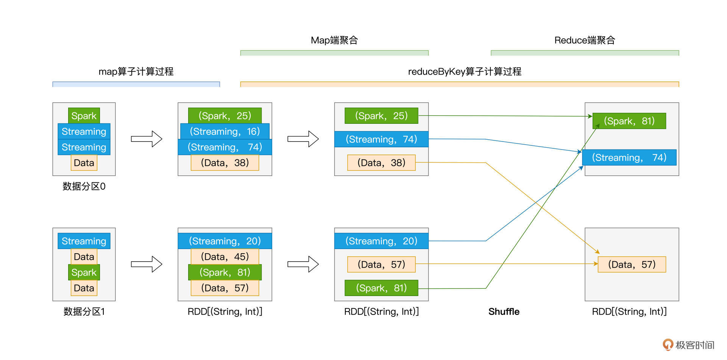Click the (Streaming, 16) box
pyautogui.click(x=225, y=131)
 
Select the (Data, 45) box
pyautogui.click(x=225, y=257)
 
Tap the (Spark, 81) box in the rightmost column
pyautogui.click(x=629, y=121)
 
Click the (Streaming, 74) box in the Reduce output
pyautogui.click(x=629, y=157)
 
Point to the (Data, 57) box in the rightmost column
pyautogui.click(x=631, y=265)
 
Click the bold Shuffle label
pyautogui.click(x=504, y=312)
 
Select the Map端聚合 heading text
pyautogui.click(x=334, y=40)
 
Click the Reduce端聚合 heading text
pyautogui.click(x=584, y=40)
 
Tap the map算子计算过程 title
pyautogui.click(x=136, y=72)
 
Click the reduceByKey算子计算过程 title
pyautogui.click(x=464, y=72)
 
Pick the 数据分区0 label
pyautogui.click(x=84, y=186)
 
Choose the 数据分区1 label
pyautogui.click(x=84, y=312)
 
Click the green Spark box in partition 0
pyautogui.click(x=84, y=116)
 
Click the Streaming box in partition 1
pyautogui.click(x=84, y=241)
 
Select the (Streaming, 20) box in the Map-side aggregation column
pyautogui.click(x=381, y=241)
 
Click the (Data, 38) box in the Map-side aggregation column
pyautogui.click(x=381, y=163)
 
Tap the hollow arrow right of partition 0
pyautogui.click(x=147, y=139)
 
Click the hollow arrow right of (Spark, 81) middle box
pyautogui.click(x=303, y=264)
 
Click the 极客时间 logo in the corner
pyautogui.click(x=688, y=345)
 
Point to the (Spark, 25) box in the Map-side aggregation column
pyautogui.click(x=381, y=116)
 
